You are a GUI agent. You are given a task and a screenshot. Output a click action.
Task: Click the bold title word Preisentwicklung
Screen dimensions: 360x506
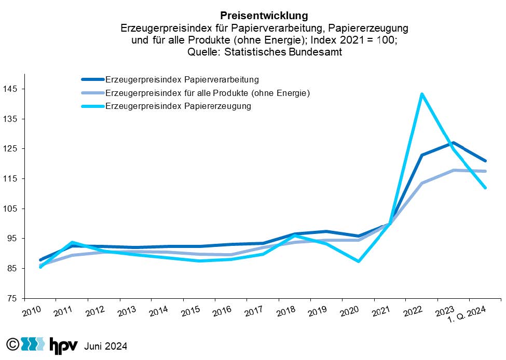(x=264, y=16)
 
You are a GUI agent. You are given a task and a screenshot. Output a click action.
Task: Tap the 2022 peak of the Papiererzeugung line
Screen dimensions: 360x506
(x=422, y=94)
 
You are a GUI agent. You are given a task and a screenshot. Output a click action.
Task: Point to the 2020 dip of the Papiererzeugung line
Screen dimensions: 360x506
(x=358, y=261)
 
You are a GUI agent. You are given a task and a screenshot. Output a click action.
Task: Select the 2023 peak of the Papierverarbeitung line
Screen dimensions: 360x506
(x=454, y=143)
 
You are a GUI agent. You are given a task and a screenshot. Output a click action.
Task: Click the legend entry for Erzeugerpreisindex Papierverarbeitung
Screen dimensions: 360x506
(x=182, y=80)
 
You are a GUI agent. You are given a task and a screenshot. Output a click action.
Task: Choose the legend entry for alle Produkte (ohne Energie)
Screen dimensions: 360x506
(x=207, y=93)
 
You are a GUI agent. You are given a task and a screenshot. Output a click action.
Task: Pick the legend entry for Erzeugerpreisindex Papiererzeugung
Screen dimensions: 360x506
(x=178, y=106)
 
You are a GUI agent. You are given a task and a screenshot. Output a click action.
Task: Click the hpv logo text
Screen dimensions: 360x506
(x=63, y=345)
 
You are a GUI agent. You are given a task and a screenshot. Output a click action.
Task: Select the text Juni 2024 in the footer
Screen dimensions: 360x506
(x=106, y=346)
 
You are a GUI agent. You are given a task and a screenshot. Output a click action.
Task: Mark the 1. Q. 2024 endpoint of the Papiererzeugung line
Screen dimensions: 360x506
(x=485, y=188)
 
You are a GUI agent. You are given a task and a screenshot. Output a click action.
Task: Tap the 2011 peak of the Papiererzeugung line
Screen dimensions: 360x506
(x=72, y=242)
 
